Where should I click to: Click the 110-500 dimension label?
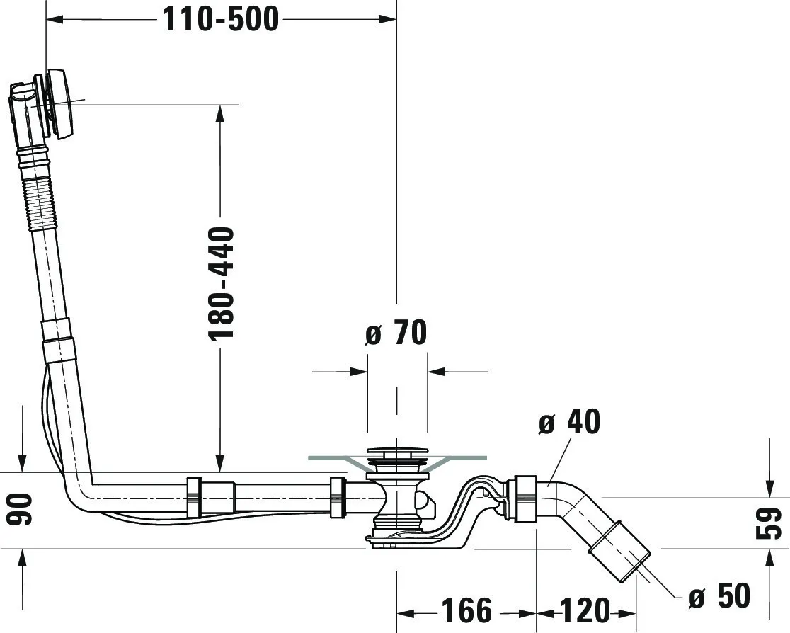point(221,19)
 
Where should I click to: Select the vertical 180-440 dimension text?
point(222,283)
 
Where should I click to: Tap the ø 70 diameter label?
point(396,333)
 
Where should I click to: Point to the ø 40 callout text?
point(568,423)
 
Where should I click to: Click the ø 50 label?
point(719,596)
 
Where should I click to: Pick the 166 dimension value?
point(466,610)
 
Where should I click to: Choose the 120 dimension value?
point(585,610)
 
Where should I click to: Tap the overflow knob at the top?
point(59,104)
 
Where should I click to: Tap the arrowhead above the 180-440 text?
point(220,113)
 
